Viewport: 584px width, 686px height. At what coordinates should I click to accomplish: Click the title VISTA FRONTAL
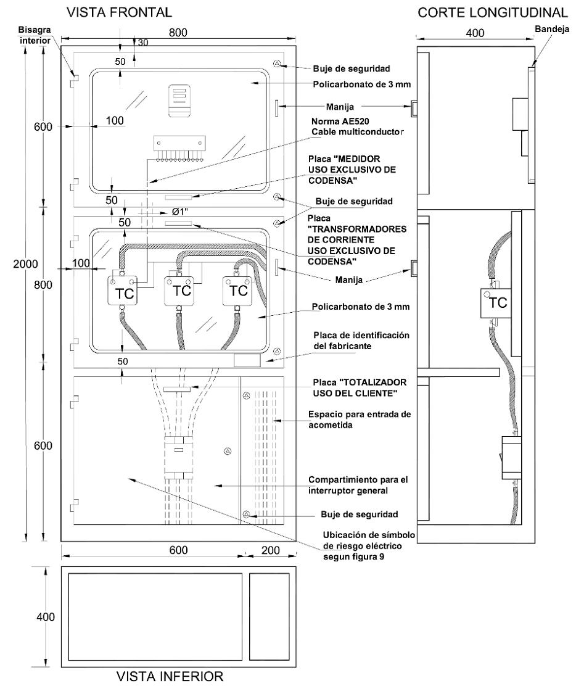[119, 12]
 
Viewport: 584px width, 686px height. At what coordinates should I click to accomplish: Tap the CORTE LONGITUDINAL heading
[493, 12]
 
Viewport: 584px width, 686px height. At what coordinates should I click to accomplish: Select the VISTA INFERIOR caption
[170, 676]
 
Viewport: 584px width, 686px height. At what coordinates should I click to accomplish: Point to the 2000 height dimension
[25, 264]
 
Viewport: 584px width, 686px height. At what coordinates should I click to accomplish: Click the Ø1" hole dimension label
[180, 212]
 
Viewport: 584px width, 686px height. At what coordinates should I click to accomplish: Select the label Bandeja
[552, 29]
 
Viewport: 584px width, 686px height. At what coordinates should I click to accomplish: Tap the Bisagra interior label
[35, 35]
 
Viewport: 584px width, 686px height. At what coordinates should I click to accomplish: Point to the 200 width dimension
[270, 550]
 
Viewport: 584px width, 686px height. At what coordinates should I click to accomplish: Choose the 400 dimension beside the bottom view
[46, 617]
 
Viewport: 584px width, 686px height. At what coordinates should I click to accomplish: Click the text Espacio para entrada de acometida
[360, 419]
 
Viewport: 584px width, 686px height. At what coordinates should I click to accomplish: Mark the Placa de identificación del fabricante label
[361, 341]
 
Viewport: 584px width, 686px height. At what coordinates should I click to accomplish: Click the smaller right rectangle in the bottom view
[269, 616]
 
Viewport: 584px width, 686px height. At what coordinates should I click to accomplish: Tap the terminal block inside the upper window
[179, 148]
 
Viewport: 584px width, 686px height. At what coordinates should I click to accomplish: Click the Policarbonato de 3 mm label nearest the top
[362, 84]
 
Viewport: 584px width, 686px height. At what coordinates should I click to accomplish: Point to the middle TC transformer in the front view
[179, 291]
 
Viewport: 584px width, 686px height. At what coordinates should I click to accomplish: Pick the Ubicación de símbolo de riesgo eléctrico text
[369, 545]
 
